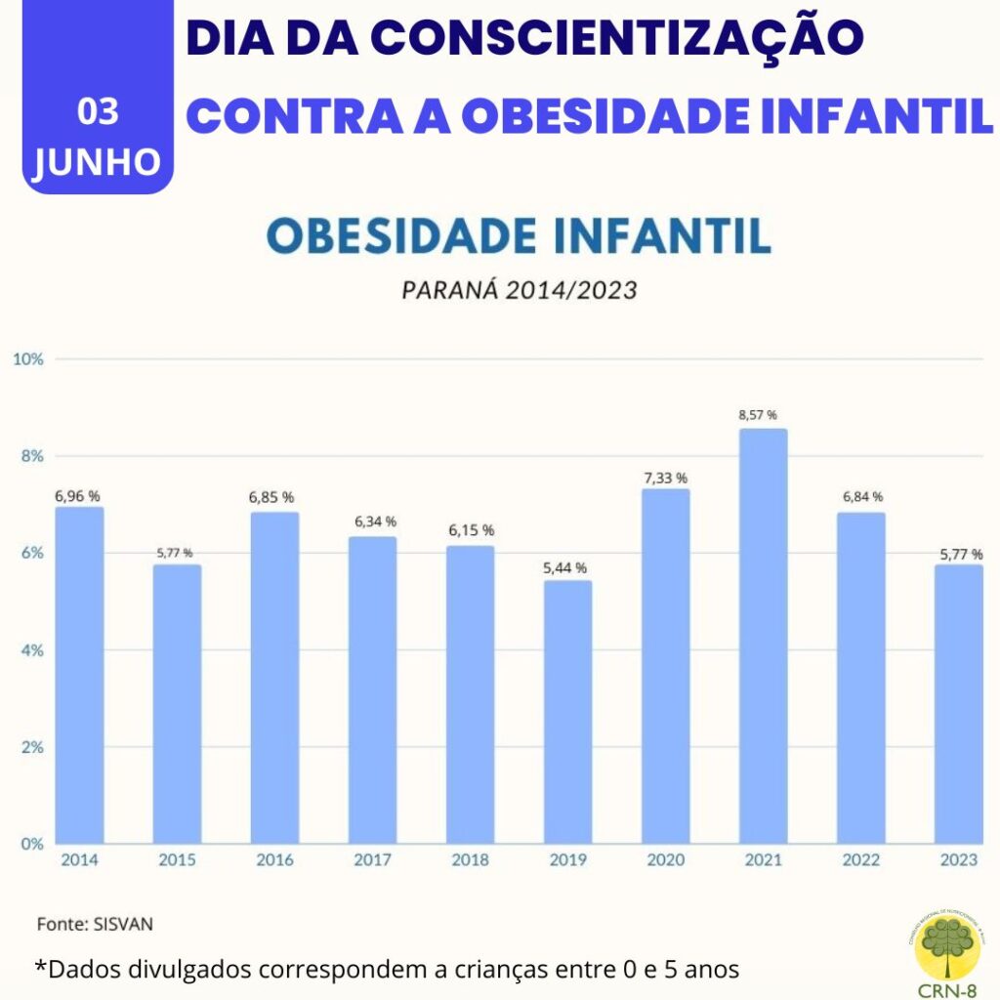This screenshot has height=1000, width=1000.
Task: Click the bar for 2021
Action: click(763, 635)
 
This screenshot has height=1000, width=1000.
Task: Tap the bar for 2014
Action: click(79, 674)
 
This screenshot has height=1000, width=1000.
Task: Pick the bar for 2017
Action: click(372, 688)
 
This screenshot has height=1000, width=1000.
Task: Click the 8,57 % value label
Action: click(763, 415)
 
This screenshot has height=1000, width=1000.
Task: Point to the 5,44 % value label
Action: click(567, 567)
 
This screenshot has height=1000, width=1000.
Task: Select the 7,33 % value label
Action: click(665, 478)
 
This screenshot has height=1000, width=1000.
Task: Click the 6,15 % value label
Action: click(470, 530)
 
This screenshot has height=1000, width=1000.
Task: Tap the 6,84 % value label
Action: click(862, 497)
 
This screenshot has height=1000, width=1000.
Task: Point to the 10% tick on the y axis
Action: click(28, 358)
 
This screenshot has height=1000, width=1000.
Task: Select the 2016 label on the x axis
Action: click(274, 860)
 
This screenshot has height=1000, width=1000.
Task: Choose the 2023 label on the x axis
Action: click(959, 860)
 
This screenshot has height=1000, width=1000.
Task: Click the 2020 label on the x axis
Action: click(665, 860)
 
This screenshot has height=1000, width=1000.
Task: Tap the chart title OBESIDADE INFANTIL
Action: click(519, 237)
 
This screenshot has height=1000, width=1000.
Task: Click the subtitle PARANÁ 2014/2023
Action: click(519, 291)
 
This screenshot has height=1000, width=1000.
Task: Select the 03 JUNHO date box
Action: click(98, 137)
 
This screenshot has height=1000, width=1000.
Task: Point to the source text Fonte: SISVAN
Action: click(95, 923)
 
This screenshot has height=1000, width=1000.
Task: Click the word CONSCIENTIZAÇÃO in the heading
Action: click(617, 38)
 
